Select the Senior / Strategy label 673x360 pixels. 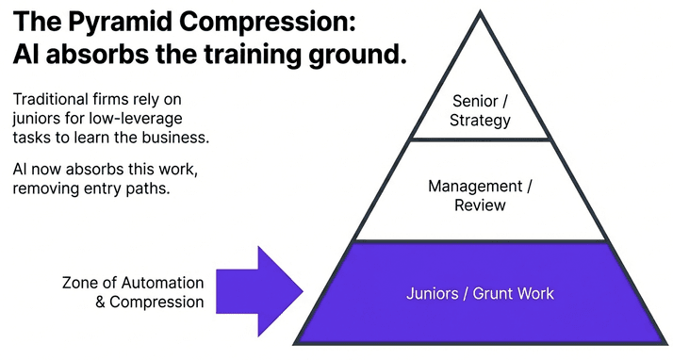(x=481, y=110)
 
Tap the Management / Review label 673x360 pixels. (x=481, y=195)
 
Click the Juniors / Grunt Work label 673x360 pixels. (x=480, y=293)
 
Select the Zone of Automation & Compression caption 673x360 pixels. (x=133, y=292)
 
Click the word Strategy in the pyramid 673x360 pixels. (x=481, y=121)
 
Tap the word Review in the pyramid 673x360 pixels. (x=481, y=205)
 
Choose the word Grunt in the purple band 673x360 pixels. (x=492, y=293)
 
